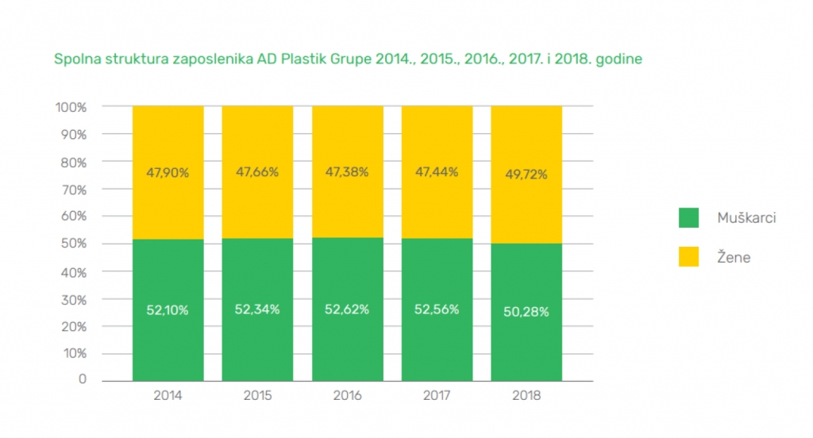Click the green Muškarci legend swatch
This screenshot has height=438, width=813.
(688, 217)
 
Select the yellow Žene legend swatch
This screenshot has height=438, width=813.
(688, 257)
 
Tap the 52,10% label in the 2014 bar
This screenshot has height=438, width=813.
(168, 310)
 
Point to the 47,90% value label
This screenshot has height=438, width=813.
(168, 173)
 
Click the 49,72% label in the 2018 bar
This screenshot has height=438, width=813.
(526, 175)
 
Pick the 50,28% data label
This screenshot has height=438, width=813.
(526, 312)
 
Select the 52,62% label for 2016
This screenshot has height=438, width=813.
(347, 309)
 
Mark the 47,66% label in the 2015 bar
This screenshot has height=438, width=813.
(257, 173)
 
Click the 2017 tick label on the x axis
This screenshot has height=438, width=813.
(437, 395)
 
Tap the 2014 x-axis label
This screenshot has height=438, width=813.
(168, 395)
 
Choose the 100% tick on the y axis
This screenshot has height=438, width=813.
(71, 106)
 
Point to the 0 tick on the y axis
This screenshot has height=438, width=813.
(82, 379)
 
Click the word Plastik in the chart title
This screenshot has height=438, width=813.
(303, 60)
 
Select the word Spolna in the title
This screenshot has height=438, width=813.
(74, 60)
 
